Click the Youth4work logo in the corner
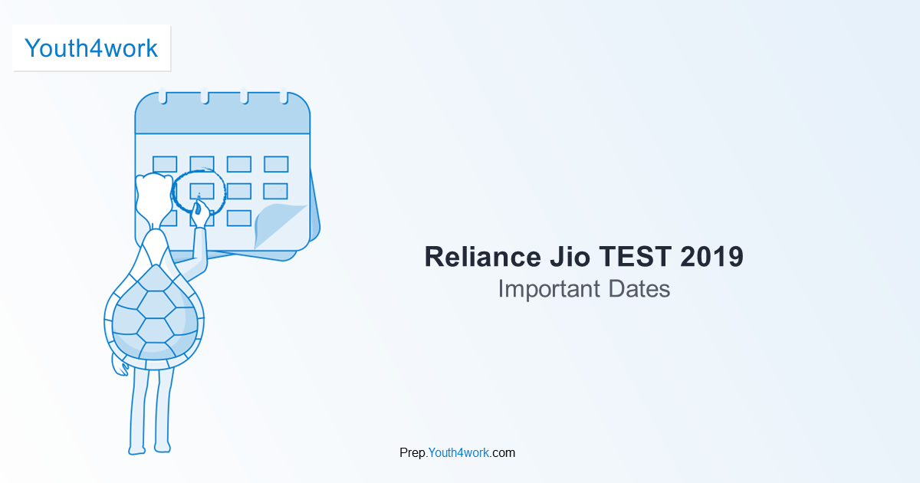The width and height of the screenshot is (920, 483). [91, 48]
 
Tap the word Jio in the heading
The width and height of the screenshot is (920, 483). [562, 257]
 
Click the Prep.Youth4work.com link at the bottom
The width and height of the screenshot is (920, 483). [457, 452]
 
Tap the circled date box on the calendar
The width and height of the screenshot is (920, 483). [201, 191]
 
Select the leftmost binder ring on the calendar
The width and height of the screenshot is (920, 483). [163, 97]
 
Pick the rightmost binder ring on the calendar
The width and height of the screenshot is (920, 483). [283, 97]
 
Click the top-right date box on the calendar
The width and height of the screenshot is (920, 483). [276, 164]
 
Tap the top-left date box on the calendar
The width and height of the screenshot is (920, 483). [165, 164]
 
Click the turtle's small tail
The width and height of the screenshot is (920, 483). [119, 366]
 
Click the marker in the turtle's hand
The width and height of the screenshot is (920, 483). [198, 205]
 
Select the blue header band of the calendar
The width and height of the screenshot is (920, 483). [222, 117]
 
